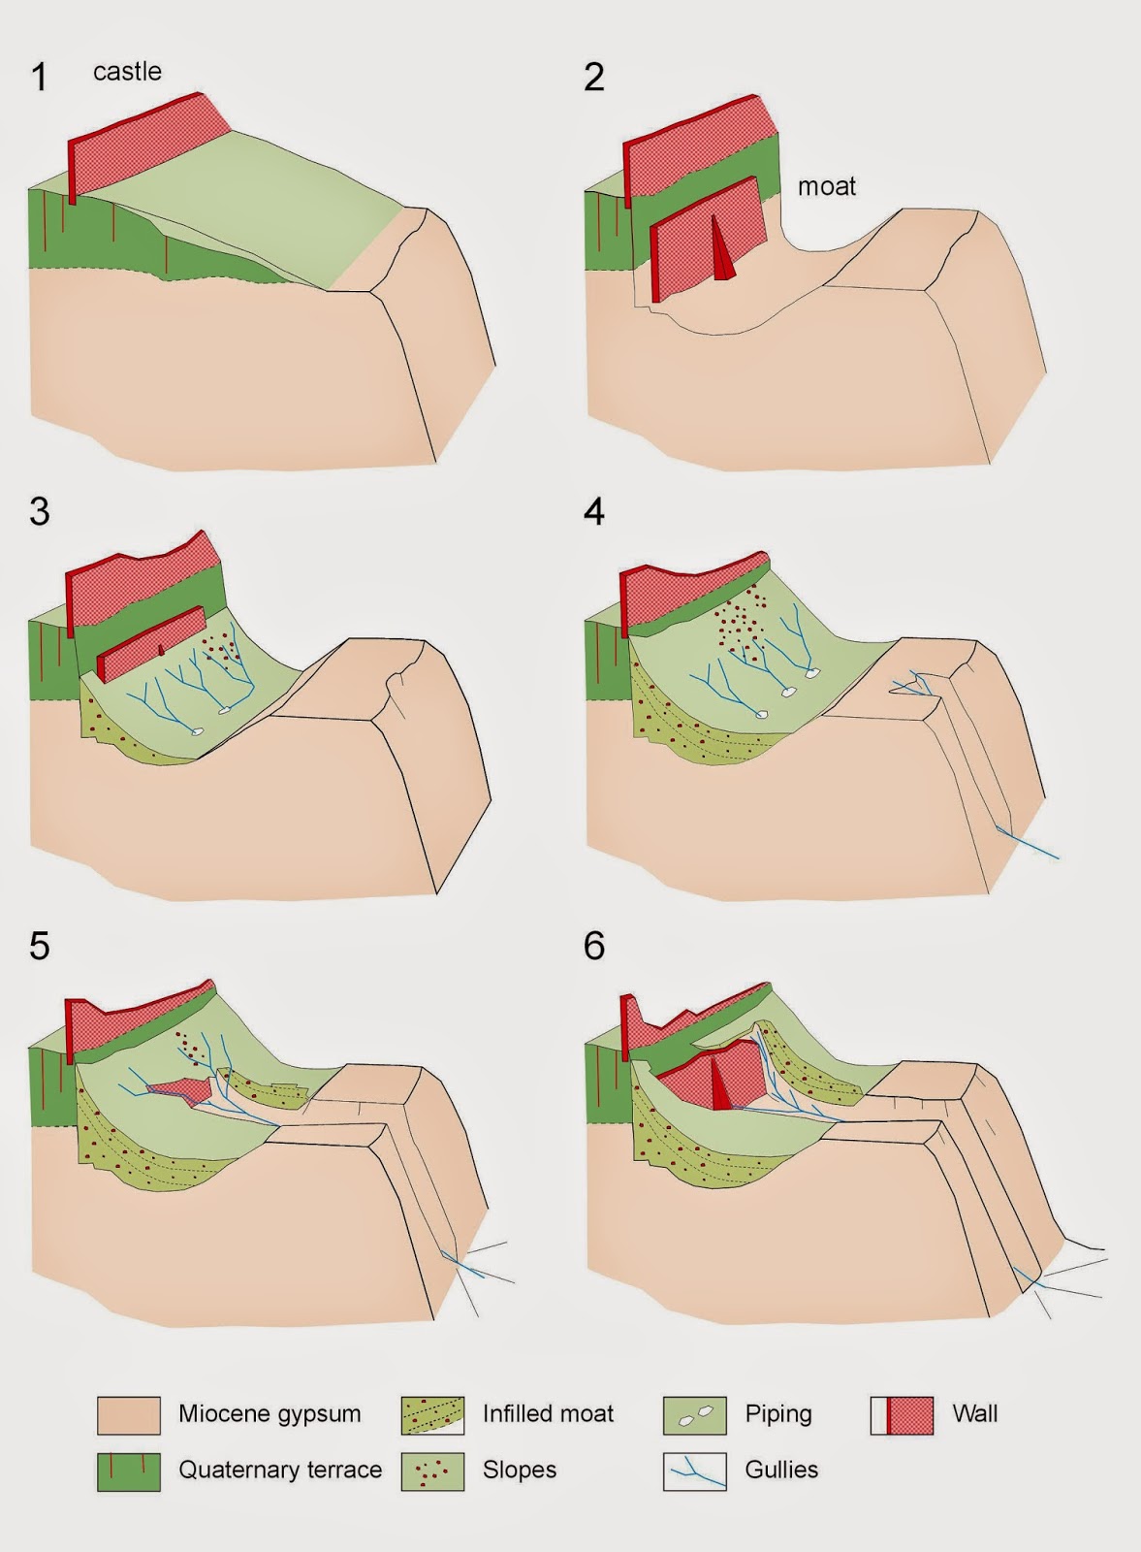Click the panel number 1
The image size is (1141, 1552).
[x=40, y=77]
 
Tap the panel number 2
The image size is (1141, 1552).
[x=594, y=77]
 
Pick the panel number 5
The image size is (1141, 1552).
[x=40, y=946]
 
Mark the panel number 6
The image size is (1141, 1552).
[x=594, y=946]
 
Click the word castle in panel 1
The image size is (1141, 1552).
[x=127, y=72]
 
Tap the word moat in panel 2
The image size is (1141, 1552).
[x=827, y=186]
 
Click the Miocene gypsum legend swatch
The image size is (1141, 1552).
[x=129, y=1414]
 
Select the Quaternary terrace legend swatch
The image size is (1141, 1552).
[x=129, y=1471]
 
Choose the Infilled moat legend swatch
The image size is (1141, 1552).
[x=432, y=1414]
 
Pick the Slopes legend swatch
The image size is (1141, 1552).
[x=432, y=1471]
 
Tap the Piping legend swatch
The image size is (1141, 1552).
[x=694, y=1414]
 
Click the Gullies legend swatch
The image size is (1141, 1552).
[x=694, y=1471]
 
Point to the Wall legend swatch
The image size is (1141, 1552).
[x=903, y=1414]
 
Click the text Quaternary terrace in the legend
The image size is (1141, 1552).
[x=280, y=1470]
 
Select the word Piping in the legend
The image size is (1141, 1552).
[x=778, y=1414]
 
